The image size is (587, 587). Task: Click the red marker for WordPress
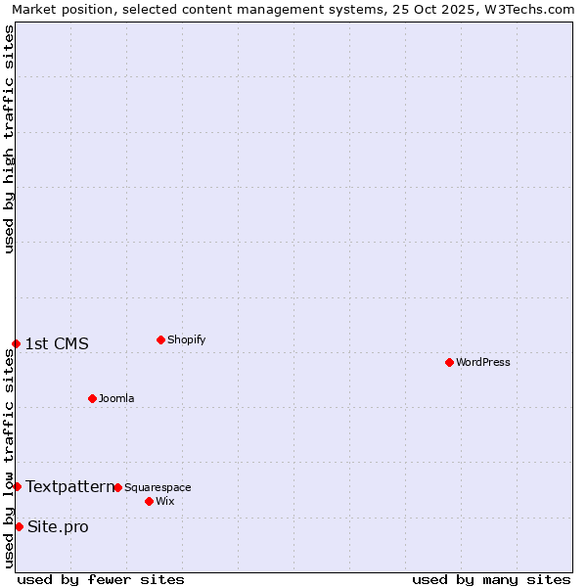[449, 362]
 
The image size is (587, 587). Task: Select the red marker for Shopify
[160, 339]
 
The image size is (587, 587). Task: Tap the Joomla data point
[92, 398]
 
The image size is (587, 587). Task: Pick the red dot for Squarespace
[117, 487]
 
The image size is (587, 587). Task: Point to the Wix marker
[149, 501]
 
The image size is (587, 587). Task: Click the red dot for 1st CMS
[16, 343]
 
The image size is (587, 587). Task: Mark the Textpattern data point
[17, 486]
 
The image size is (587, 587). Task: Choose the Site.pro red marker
[19, 526]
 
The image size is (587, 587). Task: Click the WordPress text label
[483, 362]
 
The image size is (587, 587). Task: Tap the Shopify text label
[186, 339]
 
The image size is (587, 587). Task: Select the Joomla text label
[116, 398]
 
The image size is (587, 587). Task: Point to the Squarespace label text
[158, 487]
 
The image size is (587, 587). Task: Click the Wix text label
[164, 501]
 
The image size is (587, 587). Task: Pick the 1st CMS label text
[57, 343]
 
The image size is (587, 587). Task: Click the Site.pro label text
[58, 527]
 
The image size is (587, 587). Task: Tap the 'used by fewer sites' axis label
[101, 579]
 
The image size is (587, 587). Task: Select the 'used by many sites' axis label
[491, 579]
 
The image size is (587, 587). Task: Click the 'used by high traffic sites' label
[9, 139]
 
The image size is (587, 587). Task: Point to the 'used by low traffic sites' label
[9, 457]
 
